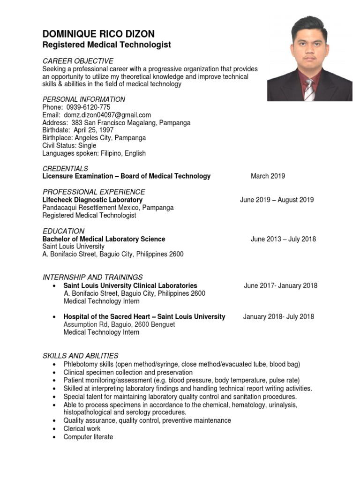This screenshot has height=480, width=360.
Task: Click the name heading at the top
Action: (x=98, y=34)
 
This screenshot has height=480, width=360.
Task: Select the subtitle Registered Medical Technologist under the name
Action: (x=107, y=45)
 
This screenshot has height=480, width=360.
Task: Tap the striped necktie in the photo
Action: (x=310, y=90)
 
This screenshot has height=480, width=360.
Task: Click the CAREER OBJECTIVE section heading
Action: (x=78, y=61)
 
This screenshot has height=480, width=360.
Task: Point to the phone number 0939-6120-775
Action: (x=89, y=107)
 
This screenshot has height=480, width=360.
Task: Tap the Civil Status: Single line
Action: (x=69, y=146)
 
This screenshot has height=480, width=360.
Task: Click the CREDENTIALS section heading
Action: (x=65, y=168)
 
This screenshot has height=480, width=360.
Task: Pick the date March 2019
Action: (x=268, y=176)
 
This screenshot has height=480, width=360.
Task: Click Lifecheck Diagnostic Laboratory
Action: (x=92, y=200)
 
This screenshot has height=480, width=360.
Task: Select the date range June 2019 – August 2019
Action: (x=277, y=200)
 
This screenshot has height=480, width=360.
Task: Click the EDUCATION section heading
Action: (x=63, y=231)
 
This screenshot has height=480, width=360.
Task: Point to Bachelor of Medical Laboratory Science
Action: (x=104, y=239)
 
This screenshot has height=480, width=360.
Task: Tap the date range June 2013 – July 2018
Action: (x=283, y=239)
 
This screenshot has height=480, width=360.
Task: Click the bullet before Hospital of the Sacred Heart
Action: (x=55, y=317)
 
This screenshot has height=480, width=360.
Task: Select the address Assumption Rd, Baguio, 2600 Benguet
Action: (x=119, y=324)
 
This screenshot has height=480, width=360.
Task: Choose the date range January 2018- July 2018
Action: (x=278, y=317)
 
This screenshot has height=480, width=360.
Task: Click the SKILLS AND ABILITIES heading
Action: (x=81, y=356)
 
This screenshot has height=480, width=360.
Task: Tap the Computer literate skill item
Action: (x=88, y=437)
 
